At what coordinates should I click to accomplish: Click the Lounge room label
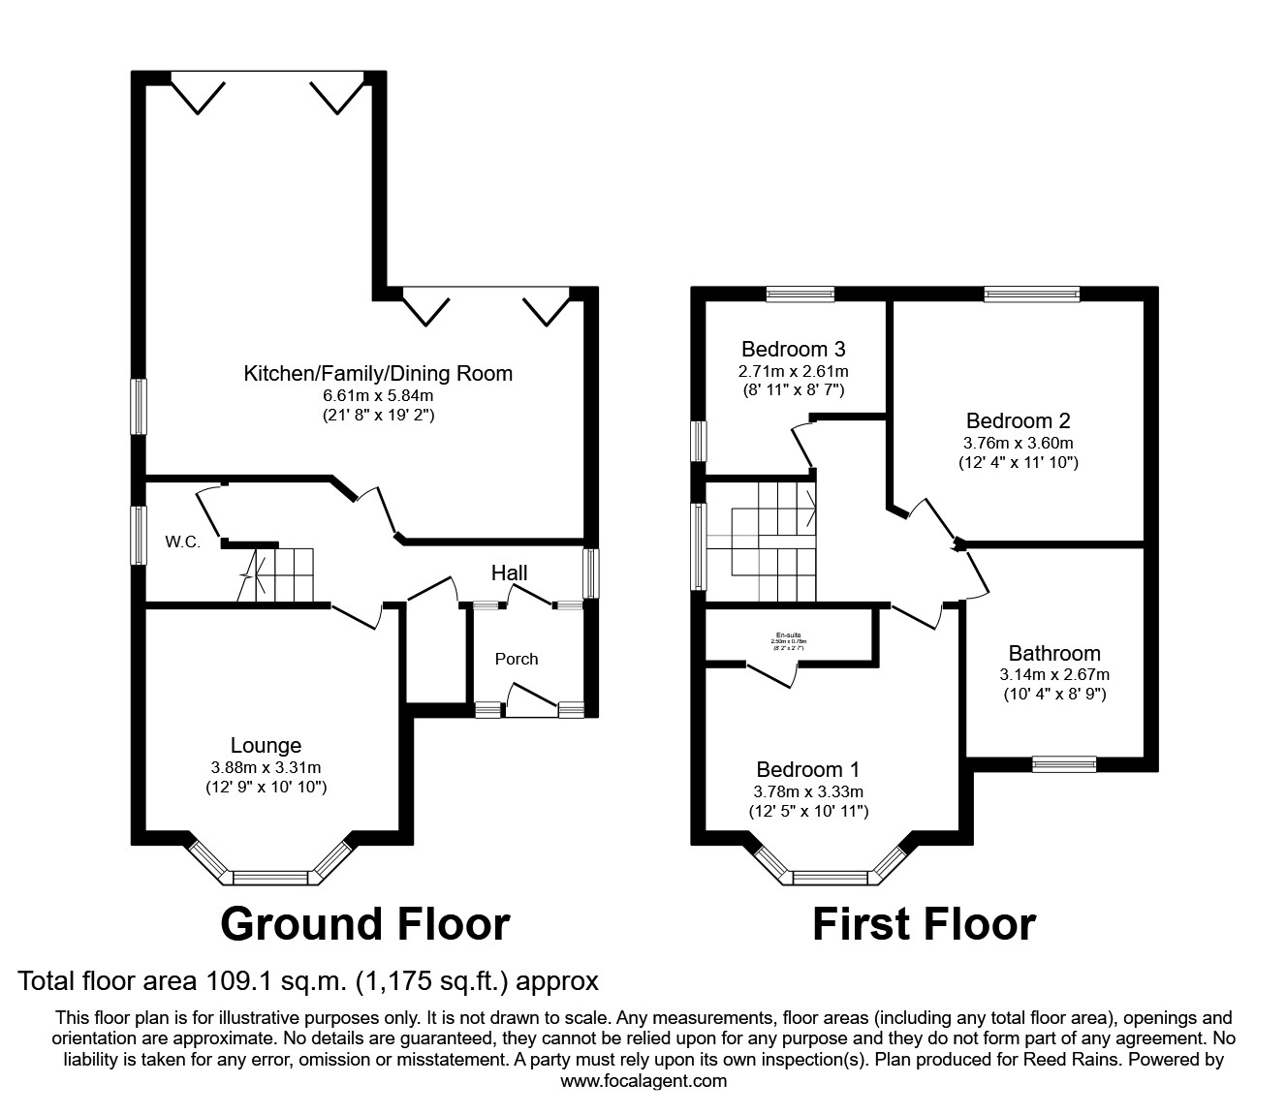tap(266, 745)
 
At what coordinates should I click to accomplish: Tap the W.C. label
tap(182, 542)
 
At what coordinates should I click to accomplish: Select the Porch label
tap(516, 659)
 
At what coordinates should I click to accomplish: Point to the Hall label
tap(509, 573)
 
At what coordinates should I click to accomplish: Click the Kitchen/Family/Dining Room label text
tap(377, 373)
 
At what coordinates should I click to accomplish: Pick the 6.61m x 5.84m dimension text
tap(377, 395)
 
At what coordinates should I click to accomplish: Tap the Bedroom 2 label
tap(1018, 420)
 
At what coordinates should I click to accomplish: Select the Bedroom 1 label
tap(807, 769)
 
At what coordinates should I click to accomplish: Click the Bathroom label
tap(1054, 653)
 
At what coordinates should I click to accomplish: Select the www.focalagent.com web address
tap(643, 1081)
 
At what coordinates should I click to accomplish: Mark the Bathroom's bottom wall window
tap(1064, 764)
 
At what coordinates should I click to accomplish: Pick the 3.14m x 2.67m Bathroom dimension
tap(1054, 674)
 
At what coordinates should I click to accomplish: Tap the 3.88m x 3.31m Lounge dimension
tap(266, 766)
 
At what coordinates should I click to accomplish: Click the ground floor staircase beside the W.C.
tap(282, 573)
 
